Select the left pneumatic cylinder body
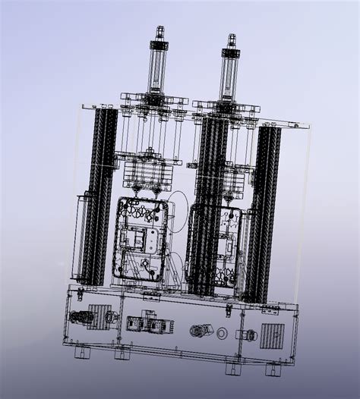coord(157,68)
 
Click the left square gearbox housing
coord(141,238)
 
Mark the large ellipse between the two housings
coord(177,212)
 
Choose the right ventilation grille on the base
coord(271,335)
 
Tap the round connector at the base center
coord(201,330)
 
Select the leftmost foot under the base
coord(79,353)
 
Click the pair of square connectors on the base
coord(144,324)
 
